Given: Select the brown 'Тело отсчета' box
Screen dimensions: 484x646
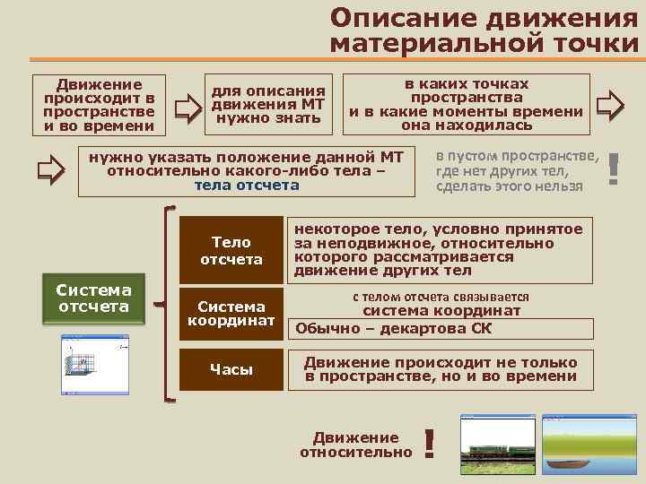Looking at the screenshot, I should [x=231, y=250].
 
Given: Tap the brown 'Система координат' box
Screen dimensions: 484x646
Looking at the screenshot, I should [x=231, y=313].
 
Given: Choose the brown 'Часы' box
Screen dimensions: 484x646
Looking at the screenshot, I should [x=231, y=369].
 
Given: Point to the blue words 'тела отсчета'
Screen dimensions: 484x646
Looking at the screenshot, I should [x=247, y=186].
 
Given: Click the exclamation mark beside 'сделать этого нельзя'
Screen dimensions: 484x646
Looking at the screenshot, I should [x=614, y=169].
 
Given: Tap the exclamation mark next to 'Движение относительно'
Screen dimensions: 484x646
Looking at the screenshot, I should [x=430, y=444].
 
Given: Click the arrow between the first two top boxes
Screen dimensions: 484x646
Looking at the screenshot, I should [x=187, y=107].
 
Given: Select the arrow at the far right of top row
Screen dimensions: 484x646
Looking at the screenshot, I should [x=610, y=106].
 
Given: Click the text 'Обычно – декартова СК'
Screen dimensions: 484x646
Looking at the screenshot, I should [x=394, y=328].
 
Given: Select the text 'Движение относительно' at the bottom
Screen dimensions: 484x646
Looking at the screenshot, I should [x=355, y=445].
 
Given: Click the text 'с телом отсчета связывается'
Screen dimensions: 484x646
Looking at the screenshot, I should [x=440, y=297].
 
